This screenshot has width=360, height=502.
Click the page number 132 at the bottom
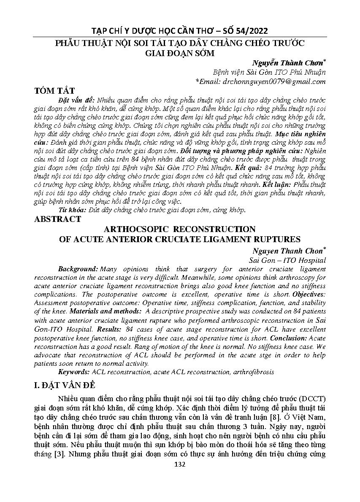click(x=180, y=464)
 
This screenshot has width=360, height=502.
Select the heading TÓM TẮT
click(x=55, y=91)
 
